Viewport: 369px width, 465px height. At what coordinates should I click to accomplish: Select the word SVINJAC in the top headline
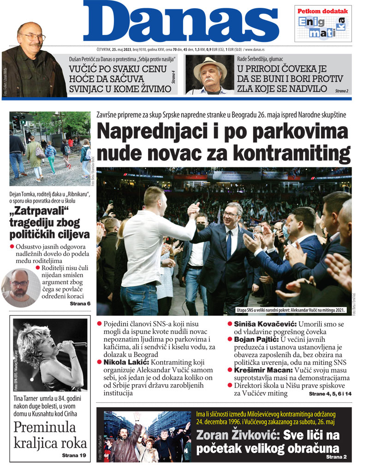[93, 89]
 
